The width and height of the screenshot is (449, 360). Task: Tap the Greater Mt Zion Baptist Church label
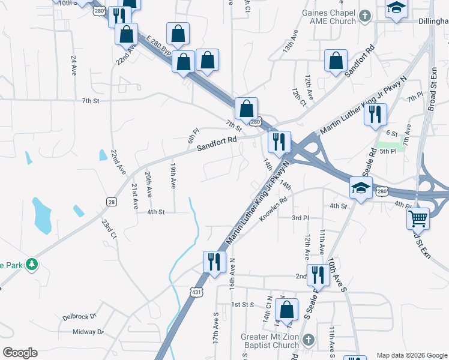[270, 341]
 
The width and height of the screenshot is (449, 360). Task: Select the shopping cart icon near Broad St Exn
[418, 218]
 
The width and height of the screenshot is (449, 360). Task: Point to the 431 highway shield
[196, 292]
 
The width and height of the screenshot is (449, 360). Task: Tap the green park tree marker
[32, 264]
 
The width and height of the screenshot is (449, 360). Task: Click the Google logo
[20, 353]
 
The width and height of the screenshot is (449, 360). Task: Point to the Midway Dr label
[88, 332]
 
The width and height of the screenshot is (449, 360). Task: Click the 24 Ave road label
[74, 64]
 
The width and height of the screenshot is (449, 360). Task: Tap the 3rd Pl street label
[300, 218]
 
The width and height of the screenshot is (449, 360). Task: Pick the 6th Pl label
[192, 135]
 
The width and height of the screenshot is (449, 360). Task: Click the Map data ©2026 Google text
[411, 355]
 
